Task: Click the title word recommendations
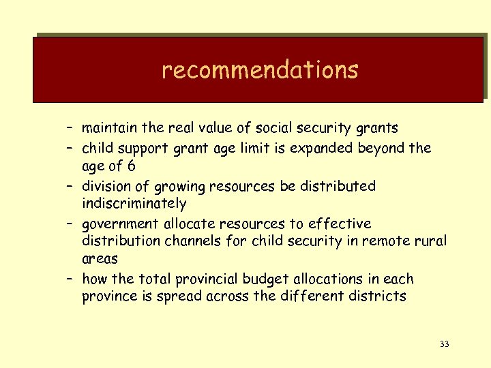(x=260, y=70)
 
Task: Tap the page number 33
(x=444, y=343)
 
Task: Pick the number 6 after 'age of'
(x=131, y=166)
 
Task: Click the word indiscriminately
(x=134, y=204)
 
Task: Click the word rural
(x=430, y=241)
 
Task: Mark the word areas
(x=100, y=259)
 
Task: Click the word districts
(x=377, y=296)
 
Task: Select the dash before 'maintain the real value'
(x=71, y=128)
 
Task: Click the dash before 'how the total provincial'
(x=71, y=279)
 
